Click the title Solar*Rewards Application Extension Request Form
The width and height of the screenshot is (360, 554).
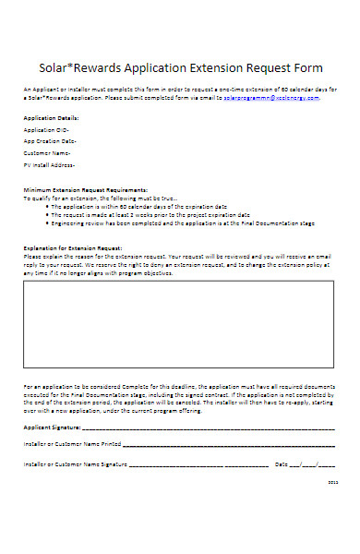[x=179, y=67]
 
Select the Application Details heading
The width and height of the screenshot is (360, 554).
[x=51, y=118]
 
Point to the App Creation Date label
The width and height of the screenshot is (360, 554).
[x=50, y=141]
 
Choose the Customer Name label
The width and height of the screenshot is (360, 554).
[x=48, y=152]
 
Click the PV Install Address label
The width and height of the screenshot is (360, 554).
[x=50, y=164]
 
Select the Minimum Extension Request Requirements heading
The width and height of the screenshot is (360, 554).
[x=85, y=187]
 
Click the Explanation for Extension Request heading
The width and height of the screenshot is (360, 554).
[x=73, y=247]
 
